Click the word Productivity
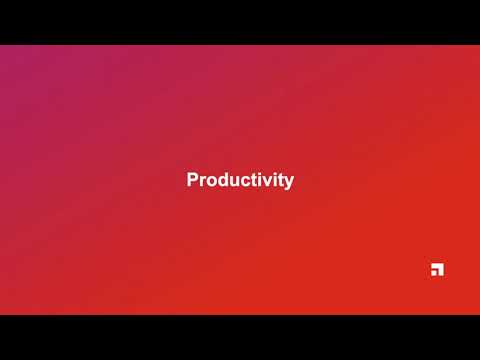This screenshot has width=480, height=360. pos(240,181)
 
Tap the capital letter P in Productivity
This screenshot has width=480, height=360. pos(193,181)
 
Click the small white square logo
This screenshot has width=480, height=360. pos(437,269)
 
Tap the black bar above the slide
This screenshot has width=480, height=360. pos(240,22)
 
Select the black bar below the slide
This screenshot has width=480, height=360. pos(240,337)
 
